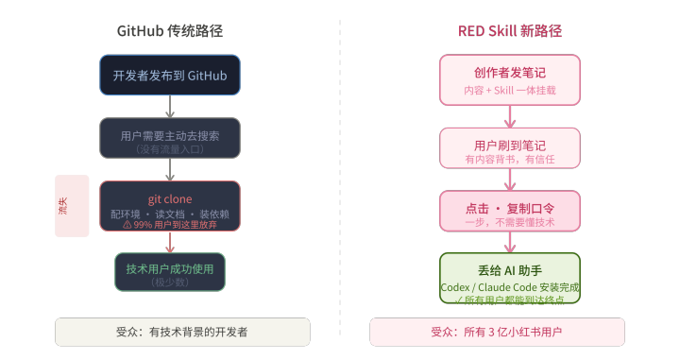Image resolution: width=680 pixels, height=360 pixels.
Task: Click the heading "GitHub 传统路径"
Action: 170,31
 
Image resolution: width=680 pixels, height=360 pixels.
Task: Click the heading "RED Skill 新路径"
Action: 510,31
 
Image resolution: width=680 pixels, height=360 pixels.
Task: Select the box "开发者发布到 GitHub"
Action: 170,75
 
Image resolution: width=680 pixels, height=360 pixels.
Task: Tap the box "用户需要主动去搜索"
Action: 170,138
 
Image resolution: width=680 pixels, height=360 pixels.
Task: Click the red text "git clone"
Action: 170,199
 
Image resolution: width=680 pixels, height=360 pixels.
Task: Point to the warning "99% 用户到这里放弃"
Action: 170,225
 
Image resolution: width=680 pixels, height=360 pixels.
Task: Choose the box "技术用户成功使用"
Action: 170,272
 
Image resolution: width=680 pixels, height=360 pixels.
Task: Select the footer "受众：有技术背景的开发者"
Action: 182,333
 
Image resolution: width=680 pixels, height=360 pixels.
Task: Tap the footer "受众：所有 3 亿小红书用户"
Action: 497,333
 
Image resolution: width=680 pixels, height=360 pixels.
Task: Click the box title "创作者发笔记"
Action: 510,73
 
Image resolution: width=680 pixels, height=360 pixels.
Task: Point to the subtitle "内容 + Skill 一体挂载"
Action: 510,90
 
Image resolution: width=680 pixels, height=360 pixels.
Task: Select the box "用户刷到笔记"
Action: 510,148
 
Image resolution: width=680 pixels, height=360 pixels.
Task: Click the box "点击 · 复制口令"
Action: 510,211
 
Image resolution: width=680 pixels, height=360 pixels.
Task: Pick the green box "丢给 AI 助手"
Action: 510,278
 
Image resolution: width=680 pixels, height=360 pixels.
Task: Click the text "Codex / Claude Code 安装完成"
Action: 510,287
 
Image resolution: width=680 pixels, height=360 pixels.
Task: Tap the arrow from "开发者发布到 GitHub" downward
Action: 170,106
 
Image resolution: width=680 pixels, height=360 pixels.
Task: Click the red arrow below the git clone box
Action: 170,242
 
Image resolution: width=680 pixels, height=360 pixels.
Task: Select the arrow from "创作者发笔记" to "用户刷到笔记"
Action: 510,116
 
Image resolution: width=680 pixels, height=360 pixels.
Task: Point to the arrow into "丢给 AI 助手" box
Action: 510,242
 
